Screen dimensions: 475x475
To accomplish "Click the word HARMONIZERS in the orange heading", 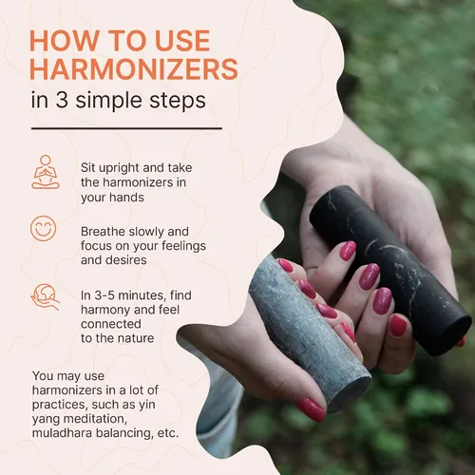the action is pyautogui.click(x=134, y=68).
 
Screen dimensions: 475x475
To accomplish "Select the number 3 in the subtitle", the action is pyautogui.click(x=62, y=100).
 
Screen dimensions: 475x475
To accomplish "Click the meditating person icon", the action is pyautogui.click(x=46, y=172).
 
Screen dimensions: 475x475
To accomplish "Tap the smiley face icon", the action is pyautogui.click(x=44, y=228).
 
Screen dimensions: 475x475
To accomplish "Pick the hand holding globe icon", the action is pyautogui.click(x=45, y=296).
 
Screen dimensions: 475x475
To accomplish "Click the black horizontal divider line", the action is pyautogui.click(x=126, y=128).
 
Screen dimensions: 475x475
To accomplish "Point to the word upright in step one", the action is pyautogui.click(x=120, y=168).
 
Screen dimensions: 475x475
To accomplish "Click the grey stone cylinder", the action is pyautogui.click(x=309, y=332).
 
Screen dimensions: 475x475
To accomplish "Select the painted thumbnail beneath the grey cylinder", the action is pyautogui.click(x=311, y=409).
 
